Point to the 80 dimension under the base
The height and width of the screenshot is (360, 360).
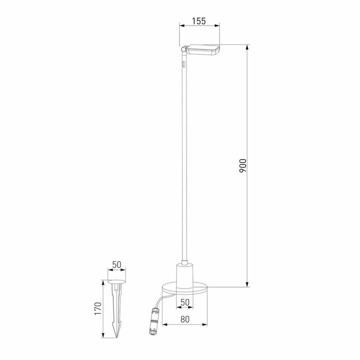184,318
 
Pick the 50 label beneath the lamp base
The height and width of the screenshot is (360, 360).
184,302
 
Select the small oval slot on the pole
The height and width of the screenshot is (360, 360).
184,64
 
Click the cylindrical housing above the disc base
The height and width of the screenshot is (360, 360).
184,276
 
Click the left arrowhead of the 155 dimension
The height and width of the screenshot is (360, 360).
181,25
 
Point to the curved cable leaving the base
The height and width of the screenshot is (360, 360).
159,300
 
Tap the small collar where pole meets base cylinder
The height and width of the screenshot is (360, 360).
184,262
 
